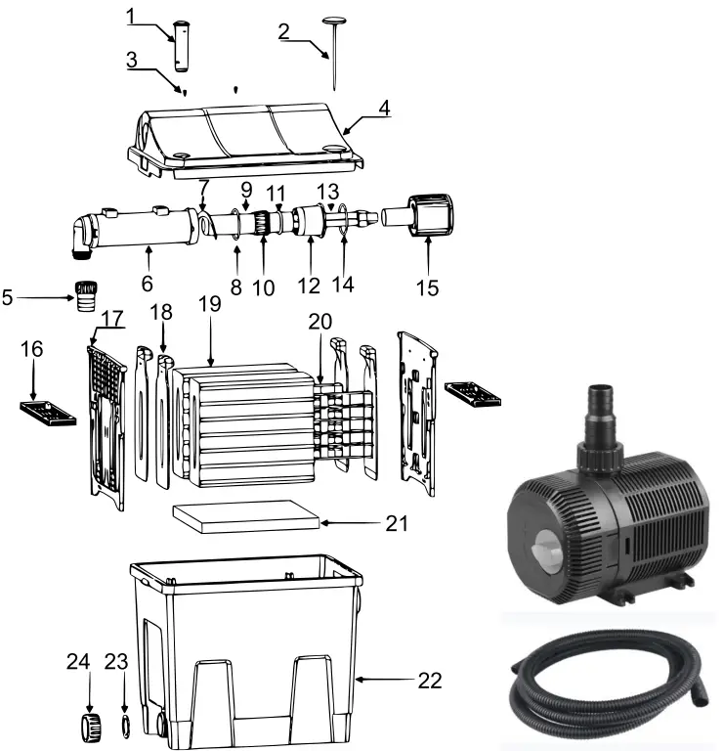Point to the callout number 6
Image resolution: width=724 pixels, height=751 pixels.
click(x=148, y=283)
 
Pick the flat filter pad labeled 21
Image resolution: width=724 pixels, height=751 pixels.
click(x=245, y=517)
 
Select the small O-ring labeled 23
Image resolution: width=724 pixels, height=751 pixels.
click(x=124, y=727)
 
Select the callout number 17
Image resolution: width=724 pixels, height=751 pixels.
click(x=112, y=318)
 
